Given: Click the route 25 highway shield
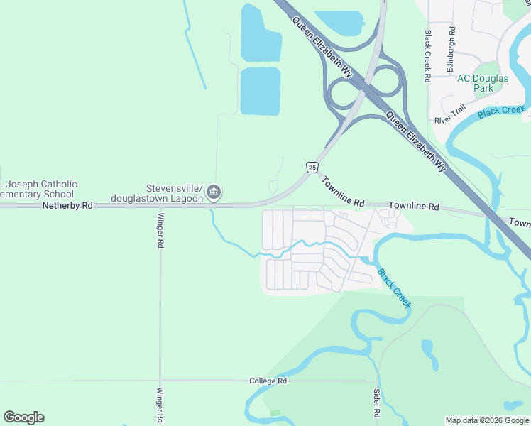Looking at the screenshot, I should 312,167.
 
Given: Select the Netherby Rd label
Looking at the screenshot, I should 68,205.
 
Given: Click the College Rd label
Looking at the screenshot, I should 268,381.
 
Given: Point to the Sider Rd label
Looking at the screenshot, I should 376,403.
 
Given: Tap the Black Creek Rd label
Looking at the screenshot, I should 427,56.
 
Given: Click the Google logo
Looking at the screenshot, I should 23,417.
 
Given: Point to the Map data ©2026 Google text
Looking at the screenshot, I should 487,420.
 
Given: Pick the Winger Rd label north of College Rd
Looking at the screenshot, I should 160,230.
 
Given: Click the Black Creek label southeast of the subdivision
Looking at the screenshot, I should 393,287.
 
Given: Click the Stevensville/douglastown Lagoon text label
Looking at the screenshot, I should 175,192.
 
